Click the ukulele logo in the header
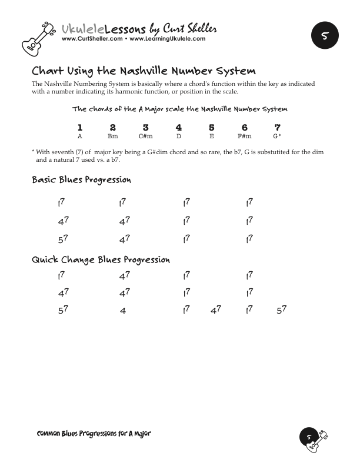point(39,36)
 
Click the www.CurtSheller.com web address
point(92,39)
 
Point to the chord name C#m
point(145,136)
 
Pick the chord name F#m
point(244,136)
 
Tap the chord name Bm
point(112,136)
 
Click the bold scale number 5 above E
point(211,127)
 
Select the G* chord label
point(277,136)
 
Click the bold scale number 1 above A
point(79,127)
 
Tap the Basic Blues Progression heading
point(81,179)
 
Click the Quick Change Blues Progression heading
point(101,259)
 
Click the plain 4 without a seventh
point(123,311)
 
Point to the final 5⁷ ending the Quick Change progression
point(281,309)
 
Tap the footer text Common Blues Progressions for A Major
point(94,434)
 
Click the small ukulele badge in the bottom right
point(314,438)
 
